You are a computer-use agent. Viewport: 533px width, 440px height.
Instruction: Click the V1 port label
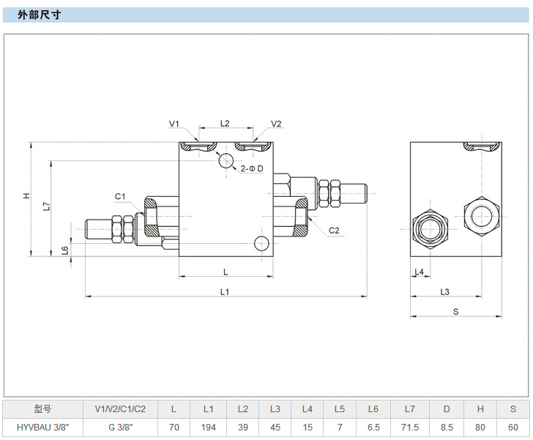tap(174, 124)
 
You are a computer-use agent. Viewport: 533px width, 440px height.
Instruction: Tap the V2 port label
tap(276, 124)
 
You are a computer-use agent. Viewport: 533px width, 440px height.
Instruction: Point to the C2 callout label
tap(334, 230)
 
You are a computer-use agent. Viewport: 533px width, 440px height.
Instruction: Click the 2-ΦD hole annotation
tap(252, 169)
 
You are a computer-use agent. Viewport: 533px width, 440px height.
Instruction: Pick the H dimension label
tap(26, 195)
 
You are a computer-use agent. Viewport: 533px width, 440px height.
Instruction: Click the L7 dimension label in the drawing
tap(45, 206)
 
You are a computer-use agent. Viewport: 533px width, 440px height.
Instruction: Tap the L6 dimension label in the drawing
tap(65, 250)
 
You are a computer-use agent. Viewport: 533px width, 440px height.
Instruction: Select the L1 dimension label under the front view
tap(225, 291)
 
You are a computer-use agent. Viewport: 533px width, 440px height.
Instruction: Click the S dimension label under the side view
tap(455, 311)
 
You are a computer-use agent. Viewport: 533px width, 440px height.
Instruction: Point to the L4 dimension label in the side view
tap(419, 272)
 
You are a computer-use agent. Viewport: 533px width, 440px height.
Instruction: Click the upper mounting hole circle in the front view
tap(225, 161)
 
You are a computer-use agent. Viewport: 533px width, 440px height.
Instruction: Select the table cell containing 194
tap(209, 427)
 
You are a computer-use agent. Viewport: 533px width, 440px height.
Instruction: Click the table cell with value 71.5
tap(411, 427)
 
